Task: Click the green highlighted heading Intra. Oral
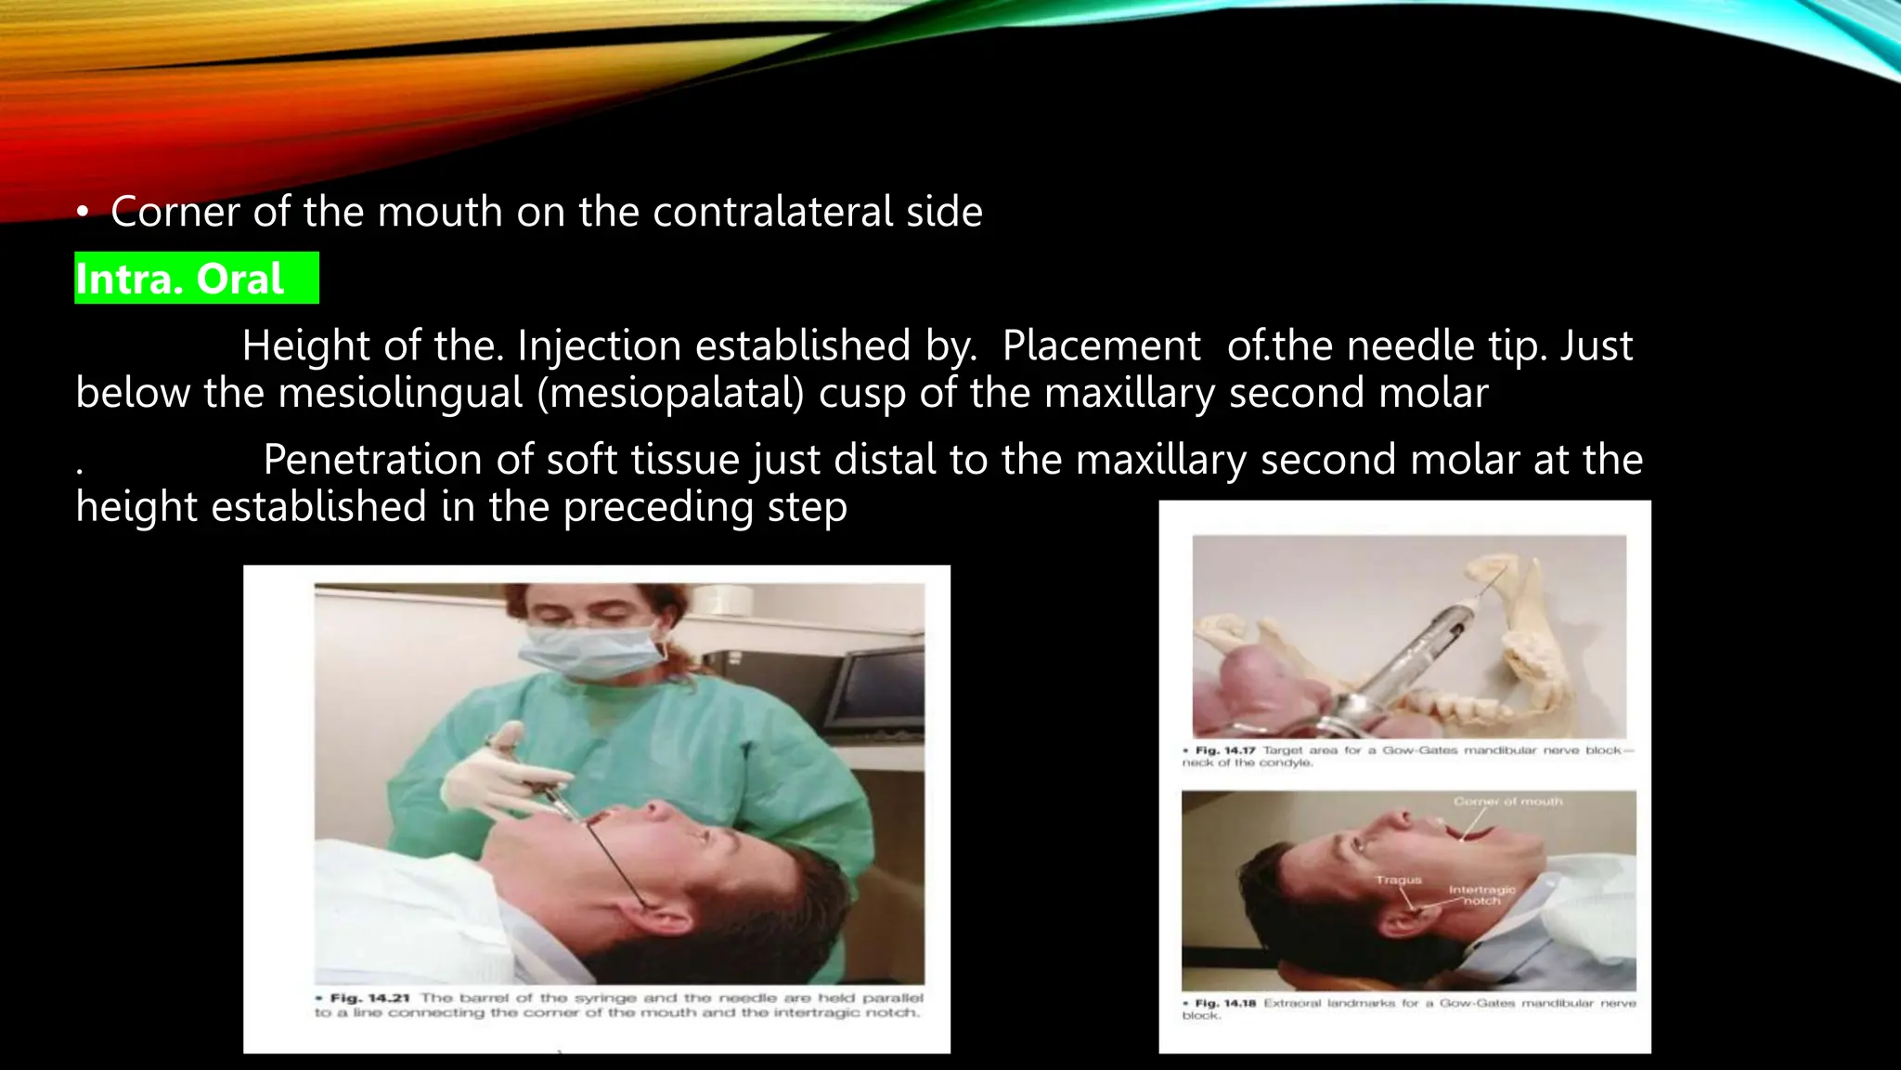tap(180, 279)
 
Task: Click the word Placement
tap(1101, 346)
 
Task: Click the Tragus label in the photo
tap(1398, 879)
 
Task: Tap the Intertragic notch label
tap(1481, 894)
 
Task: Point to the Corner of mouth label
tap(1507, 801)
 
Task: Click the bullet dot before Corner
tap(83, 215)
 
